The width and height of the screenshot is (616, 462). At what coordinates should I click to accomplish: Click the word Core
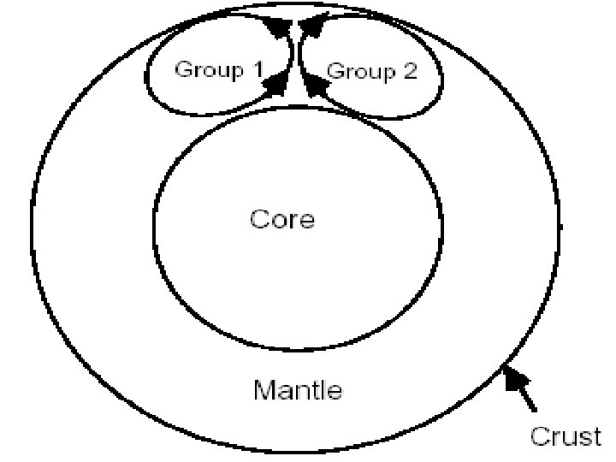[x=281, y=219]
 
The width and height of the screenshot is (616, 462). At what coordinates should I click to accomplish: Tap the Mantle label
[x=298, y=391]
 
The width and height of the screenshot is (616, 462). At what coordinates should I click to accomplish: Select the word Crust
[x=566, y=436]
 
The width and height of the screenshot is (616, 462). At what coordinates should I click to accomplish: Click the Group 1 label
[x=219, y=69]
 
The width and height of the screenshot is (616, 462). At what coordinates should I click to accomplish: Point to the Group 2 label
[x=372, y=71]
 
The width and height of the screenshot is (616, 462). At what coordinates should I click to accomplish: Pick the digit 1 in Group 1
[x=257, y=69]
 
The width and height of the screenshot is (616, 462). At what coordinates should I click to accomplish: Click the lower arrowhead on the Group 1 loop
[x=275, y=83]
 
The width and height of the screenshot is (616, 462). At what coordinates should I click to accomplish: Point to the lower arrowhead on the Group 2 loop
[x=313, y=84]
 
